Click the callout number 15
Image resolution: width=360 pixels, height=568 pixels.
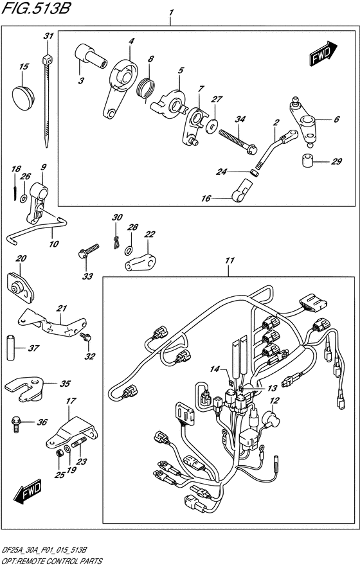coord(24,67)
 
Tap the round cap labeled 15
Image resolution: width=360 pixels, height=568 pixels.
coord(23,96)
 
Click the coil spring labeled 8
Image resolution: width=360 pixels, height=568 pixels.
coord(147,89)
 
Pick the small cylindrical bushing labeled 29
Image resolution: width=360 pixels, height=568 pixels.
coord(308,160)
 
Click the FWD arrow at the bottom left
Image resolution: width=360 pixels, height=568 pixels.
coord(28,492)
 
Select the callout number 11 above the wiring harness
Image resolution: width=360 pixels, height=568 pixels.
coord(230,260)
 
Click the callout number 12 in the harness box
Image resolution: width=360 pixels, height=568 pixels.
coord(274,401)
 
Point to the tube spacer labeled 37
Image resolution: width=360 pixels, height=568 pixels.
coord(11,348)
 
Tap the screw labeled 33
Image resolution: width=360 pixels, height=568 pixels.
coord(89,251)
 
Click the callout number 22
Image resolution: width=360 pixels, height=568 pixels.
coord(149,235)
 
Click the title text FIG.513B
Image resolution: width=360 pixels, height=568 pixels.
coord(35,8)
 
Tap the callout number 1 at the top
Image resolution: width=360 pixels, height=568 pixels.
coord(171,13)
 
